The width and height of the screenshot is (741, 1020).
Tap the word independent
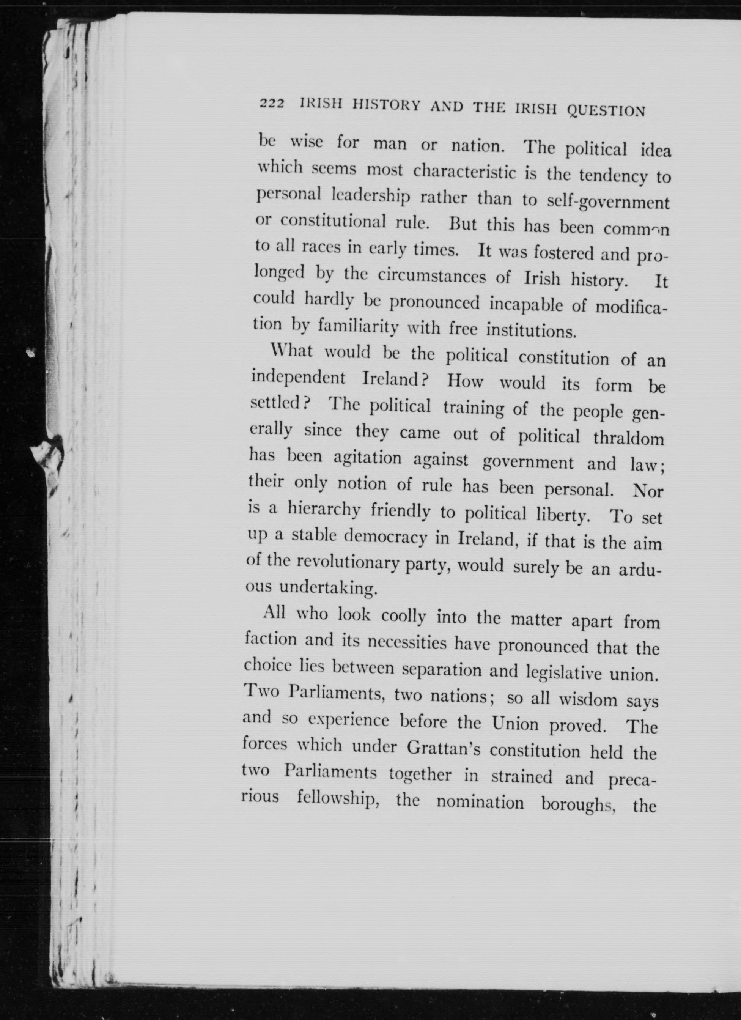click(299, 378)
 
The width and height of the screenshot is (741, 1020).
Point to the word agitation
click(367, 458)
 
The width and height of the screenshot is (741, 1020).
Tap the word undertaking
click(328, 588)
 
